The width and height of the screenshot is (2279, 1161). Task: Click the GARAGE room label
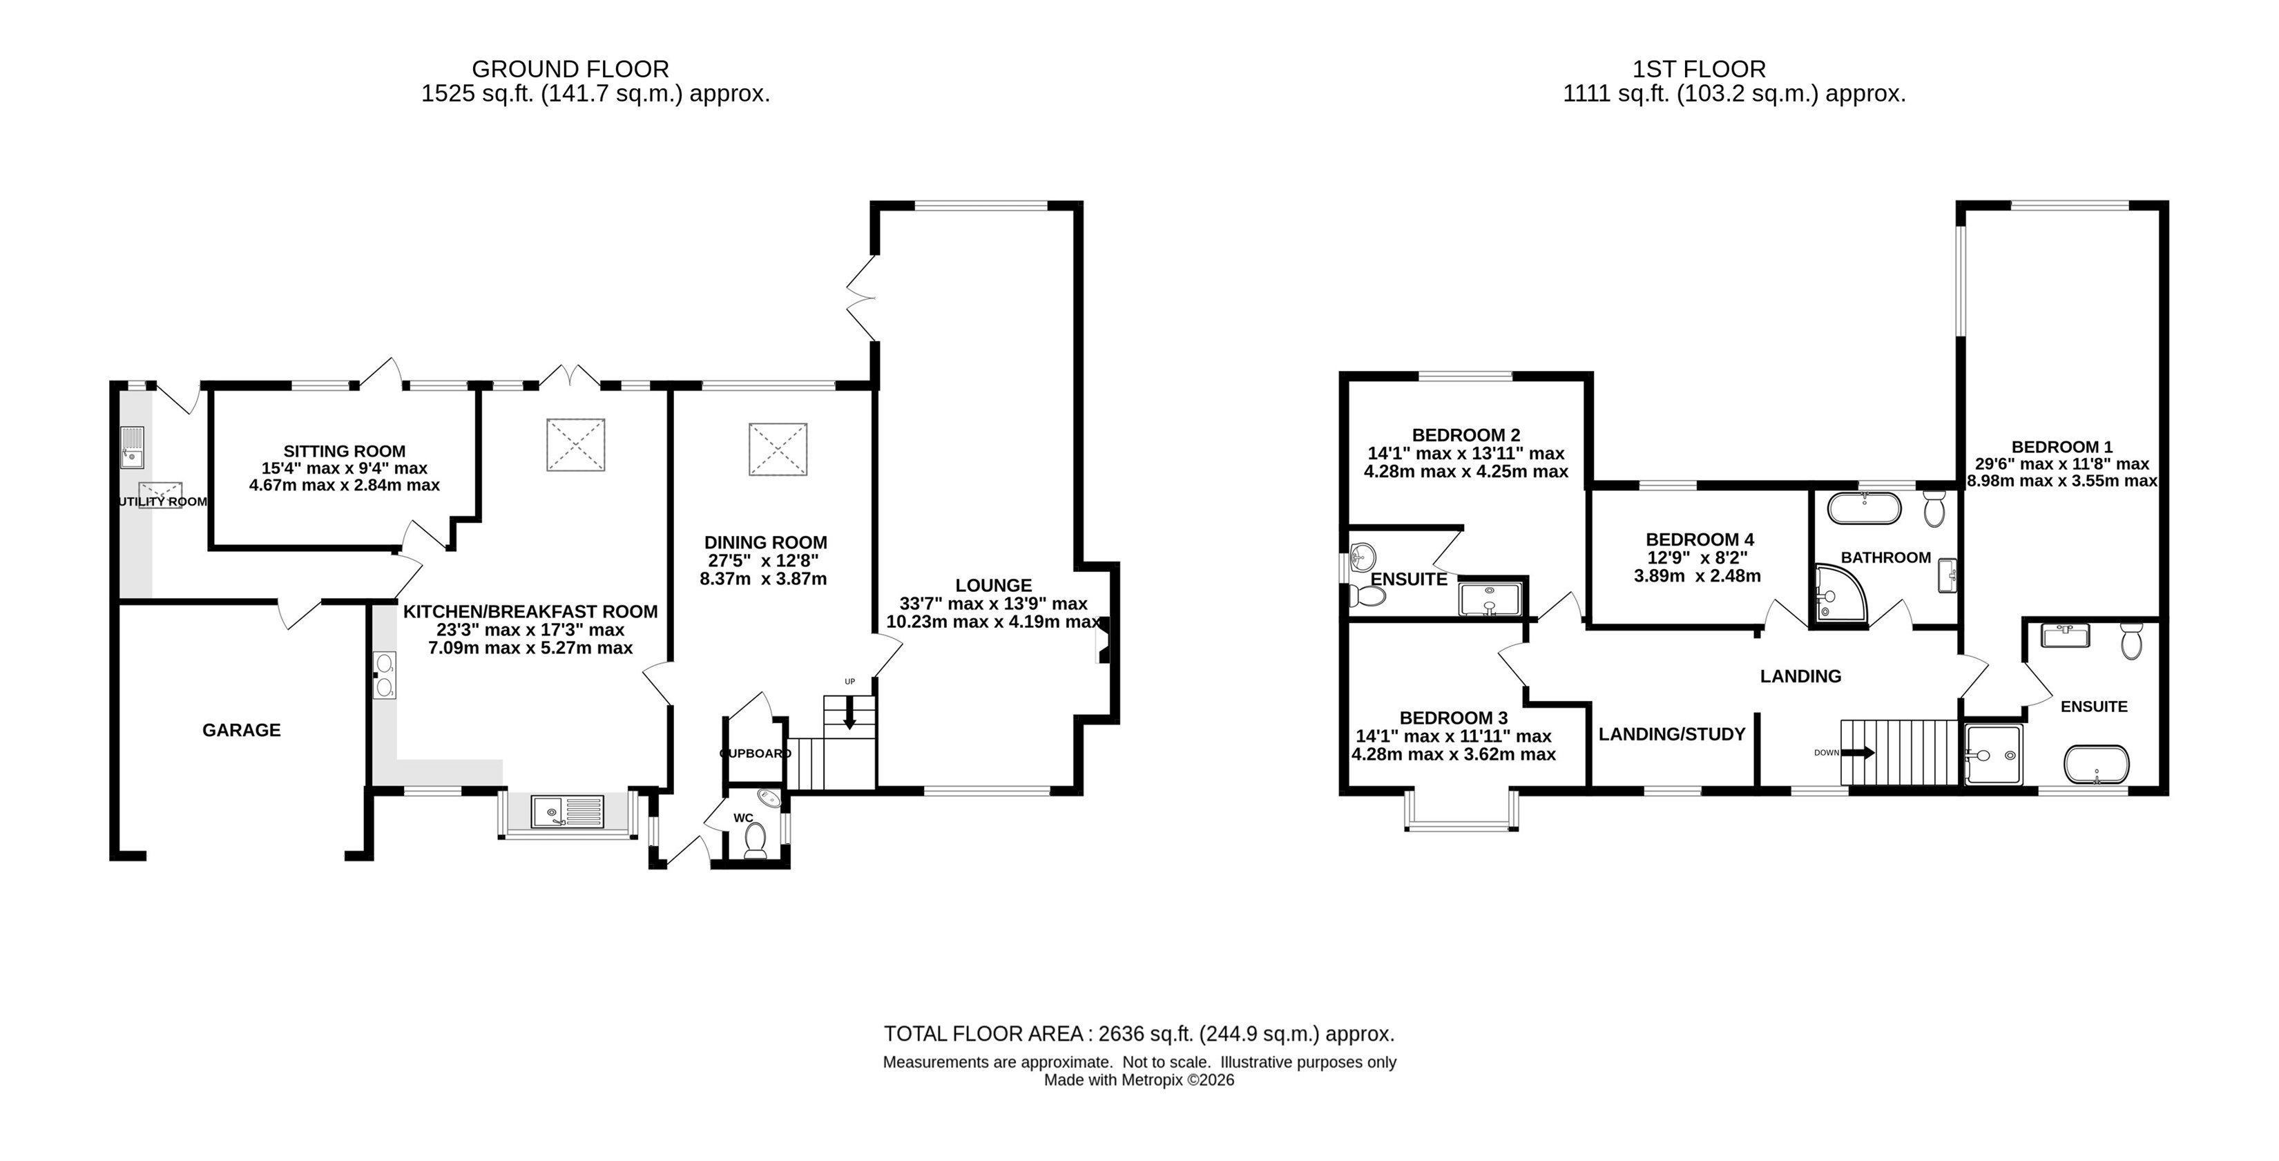[242, 730]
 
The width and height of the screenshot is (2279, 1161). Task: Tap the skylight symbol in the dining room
[778, 450]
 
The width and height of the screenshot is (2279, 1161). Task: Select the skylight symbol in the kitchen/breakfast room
[576, 444]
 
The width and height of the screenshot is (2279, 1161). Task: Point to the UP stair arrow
[849, 712]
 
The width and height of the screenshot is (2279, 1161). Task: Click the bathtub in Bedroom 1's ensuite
[2097, 765]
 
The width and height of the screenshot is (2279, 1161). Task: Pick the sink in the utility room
[133, 448]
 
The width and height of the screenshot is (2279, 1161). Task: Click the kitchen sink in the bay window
[567, 812]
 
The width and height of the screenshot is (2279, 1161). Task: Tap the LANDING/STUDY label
[1672, 734]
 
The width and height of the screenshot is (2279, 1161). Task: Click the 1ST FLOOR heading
[1699, 69]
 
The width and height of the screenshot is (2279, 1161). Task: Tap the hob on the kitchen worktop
[385, 675]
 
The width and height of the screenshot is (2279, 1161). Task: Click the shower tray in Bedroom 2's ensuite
[1490, 598]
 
